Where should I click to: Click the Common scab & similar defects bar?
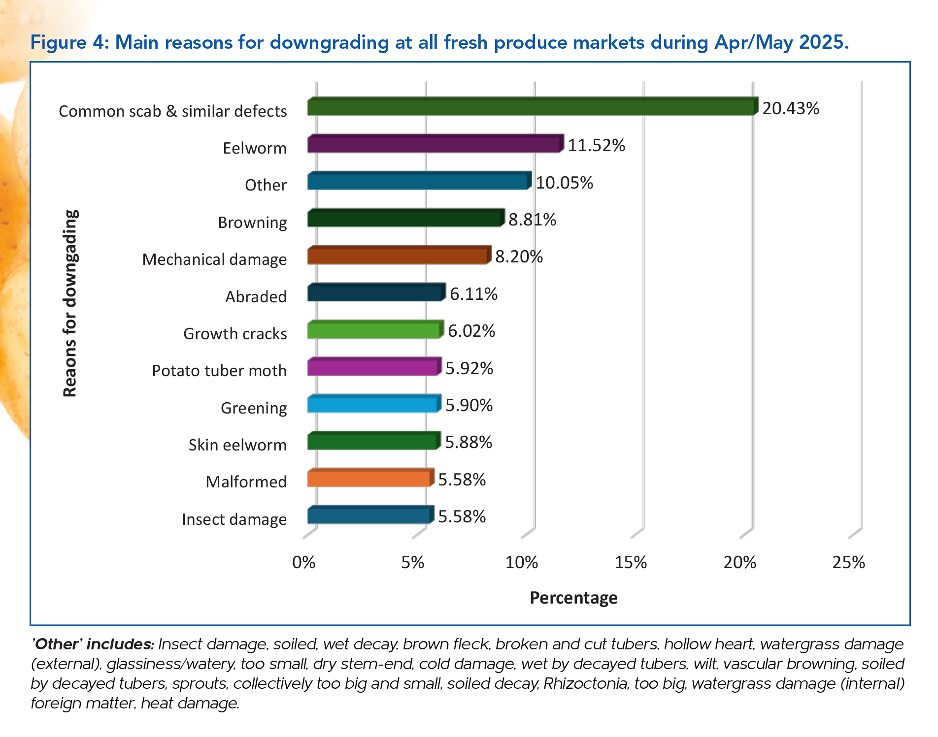pyautogui.click(x=531, y=107)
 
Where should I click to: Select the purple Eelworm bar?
pyautogui.click(x=435, y=144)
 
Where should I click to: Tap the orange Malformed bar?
pyautogui.click(x=369, y=479)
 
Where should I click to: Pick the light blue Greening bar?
pyautogui.click(x=373, y=404)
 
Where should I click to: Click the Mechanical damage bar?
pyautogui.click(x=398, y=256)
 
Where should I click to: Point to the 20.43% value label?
pyautogui.click(x=790, y=108)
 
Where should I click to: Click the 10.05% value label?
pyautogui.click(x=564, y=183)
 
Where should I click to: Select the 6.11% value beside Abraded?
pyautogui.click(x=473, y=294)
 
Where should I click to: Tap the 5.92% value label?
pyautogui.click(x=469, y=368)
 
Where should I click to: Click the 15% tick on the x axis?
pyautogui.click(x=631, y=562)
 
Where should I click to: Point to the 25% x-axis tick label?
pyautogui.click(x=848, y=562)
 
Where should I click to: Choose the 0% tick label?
pyautogui.click(x=303, y=562)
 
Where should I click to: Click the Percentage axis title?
pyautogui.click(x=573, y=598)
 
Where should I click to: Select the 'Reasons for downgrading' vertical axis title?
pyautogui.click(x=70, y=303)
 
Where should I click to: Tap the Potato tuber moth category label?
pyautogui.click(x=219, y=371)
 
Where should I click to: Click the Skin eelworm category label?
pyautogui.click(x=237, y=445)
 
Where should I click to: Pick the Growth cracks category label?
pyautogui.click(x=235, y=334)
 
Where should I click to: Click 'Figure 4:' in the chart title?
pyautogui.click(x=69, y=42)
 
